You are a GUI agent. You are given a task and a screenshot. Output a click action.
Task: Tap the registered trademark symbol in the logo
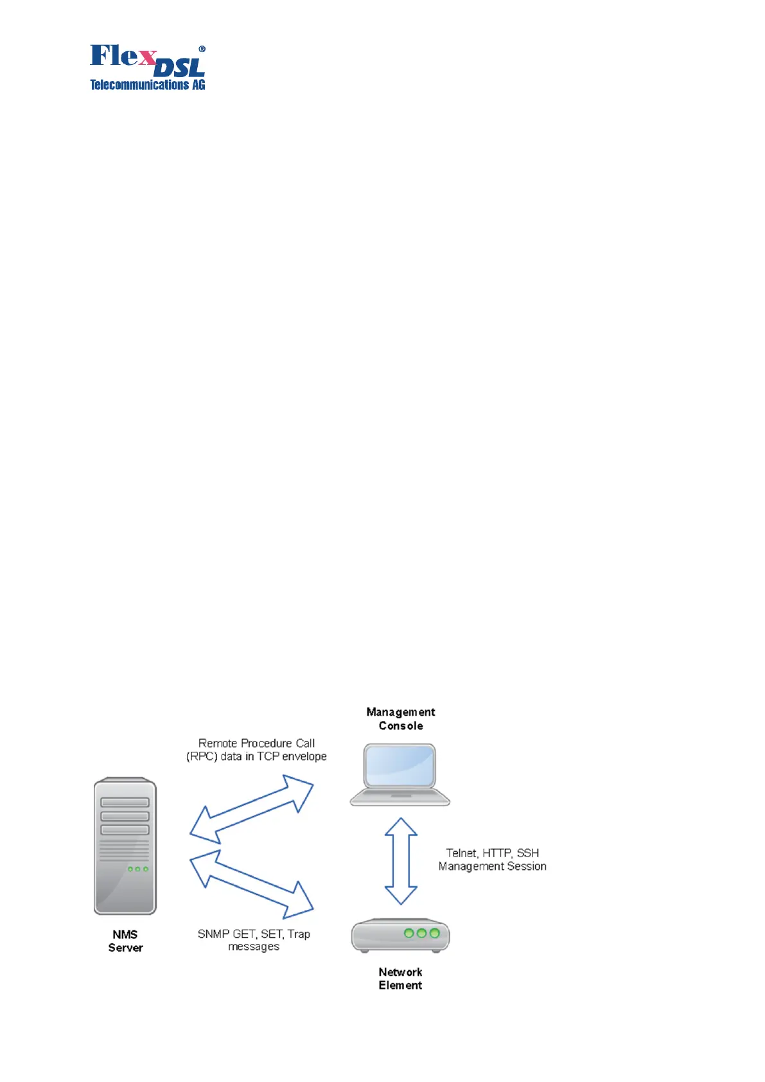(202, 49)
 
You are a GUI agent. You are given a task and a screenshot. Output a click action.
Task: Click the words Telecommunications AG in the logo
(147, 85)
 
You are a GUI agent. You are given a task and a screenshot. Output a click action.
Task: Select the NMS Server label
(125, 941)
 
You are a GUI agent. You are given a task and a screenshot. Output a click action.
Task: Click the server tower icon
(125, 846)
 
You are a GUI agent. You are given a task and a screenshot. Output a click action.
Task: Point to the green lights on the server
(137, 869)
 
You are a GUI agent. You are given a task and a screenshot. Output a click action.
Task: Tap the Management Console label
(400, 718)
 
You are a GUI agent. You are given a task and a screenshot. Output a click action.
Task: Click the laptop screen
(400, 765)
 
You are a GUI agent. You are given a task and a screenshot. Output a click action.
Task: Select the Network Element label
(400, 979)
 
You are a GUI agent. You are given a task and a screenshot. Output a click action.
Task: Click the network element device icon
(400, 936)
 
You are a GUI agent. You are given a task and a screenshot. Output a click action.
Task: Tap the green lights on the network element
(421, 933)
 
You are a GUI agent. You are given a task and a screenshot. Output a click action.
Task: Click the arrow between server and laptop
(252, 809)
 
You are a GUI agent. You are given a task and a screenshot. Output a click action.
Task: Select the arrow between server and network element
(252, 883)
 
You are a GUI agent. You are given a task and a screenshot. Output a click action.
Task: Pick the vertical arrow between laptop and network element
(401, 861)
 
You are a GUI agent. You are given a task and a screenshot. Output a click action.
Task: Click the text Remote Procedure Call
(256, 743)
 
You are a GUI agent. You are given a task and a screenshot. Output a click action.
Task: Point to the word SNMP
(213, 934)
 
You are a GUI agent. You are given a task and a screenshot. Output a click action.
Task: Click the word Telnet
(461, 853)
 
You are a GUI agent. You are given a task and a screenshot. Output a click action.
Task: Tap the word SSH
(527, 853)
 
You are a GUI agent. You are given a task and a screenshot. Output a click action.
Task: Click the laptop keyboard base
(400, 797)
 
